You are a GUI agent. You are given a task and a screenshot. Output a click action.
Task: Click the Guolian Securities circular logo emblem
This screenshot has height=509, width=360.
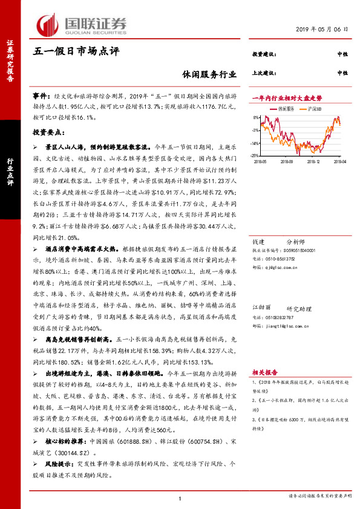(49, 25)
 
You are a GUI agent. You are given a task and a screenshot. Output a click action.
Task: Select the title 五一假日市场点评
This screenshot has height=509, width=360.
(76, 51)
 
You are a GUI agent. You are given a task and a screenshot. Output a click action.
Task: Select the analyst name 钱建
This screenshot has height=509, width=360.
(259, 241)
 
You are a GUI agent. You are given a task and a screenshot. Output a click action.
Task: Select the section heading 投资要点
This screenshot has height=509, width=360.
(47, 131)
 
